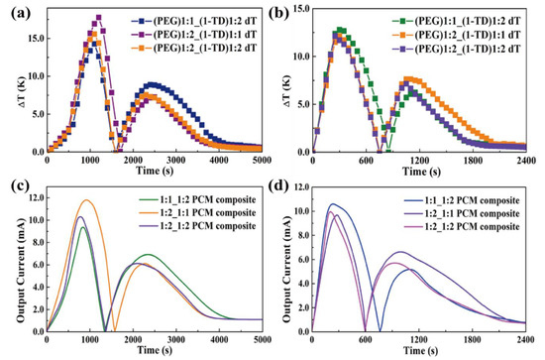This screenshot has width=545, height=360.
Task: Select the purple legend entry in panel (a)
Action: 194,35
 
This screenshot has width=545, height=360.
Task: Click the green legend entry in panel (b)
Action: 456,21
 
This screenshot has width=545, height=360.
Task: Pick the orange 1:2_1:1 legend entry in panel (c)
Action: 197,212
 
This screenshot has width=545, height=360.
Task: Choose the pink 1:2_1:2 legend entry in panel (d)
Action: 462,227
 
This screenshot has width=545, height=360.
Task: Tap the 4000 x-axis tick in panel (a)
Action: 219,160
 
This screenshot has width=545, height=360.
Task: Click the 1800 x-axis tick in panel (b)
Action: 473,161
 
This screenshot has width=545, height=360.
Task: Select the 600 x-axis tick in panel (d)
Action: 366,340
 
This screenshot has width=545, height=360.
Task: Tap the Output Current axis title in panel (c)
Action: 22,270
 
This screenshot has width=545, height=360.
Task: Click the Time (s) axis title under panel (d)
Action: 421,350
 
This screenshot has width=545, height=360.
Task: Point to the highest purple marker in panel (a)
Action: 99,18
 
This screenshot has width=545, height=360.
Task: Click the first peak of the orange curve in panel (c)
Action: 86,200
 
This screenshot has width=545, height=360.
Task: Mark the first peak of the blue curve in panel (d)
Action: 333,204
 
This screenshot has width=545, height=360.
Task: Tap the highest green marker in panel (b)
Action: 340,30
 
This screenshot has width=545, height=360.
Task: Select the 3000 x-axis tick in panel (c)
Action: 175,340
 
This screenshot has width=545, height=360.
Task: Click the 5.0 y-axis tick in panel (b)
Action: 303,104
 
